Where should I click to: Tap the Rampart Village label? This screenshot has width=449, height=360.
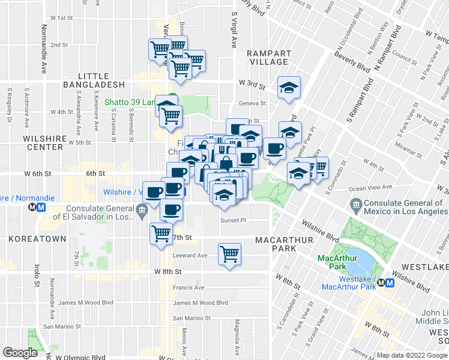[x=269, y=58]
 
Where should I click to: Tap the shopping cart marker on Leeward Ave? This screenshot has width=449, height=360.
[x=229, y=254]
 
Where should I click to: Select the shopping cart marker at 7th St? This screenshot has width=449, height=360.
[x=160, y=233]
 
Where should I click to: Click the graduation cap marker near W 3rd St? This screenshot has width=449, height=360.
[x=289, y=88]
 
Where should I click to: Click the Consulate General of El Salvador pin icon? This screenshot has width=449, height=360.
[x=141, y=209]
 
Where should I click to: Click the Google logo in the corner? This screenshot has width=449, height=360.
[x=20, y=353]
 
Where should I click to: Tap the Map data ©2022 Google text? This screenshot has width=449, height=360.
[x=412, y=355]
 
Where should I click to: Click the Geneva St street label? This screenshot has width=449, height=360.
[x=253, y=103]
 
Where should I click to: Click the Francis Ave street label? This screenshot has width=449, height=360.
[x=189, y=287]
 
